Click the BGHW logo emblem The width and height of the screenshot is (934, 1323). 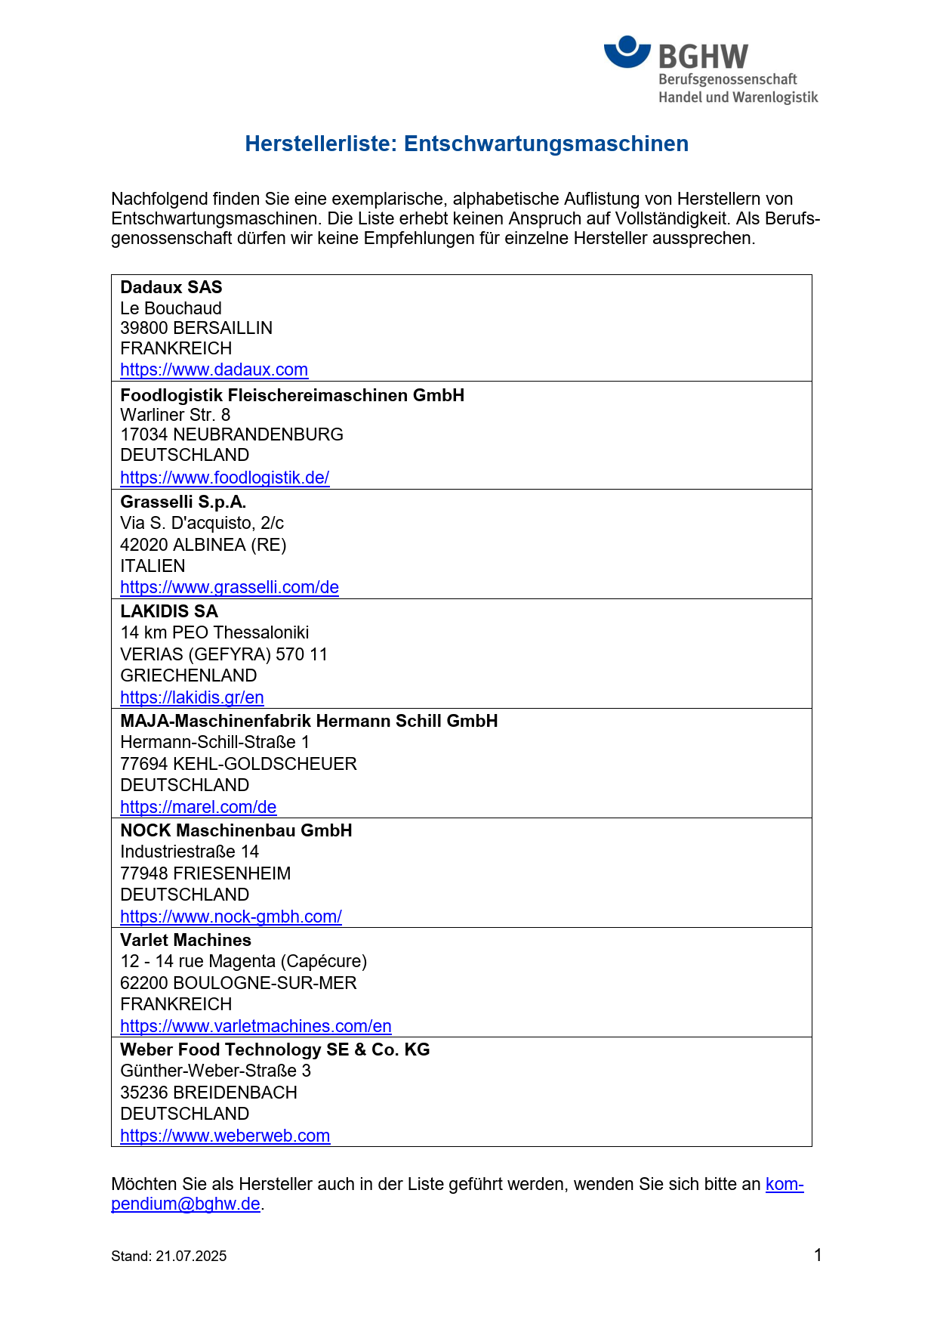coord(627,52)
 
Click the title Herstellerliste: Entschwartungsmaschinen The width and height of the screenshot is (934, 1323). coord(467,144)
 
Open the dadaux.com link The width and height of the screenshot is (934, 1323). coord(214,369)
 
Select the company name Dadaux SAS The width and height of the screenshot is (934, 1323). coord(171,287)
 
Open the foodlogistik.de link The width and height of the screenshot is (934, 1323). coord(224,478)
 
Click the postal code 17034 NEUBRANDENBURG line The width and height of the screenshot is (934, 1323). coord(231,434)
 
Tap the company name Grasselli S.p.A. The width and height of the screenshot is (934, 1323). coord(183,502)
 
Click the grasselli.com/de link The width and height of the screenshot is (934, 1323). coord(229,587)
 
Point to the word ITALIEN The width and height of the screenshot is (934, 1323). coord(153,566)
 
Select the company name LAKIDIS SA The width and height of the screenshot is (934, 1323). coord(169,611)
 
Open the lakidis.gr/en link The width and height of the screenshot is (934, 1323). coord(192,697)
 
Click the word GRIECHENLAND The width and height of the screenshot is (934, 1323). coord(188,675)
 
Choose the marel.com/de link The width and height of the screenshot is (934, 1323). coord(198,807)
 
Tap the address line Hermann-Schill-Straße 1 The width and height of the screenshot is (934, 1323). coord(214,742)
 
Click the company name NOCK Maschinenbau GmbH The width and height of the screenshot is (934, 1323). coord(236,830)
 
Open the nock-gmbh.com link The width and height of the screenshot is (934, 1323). coord(230,917)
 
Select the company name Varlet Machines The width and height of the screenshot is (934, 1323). coord(186,940)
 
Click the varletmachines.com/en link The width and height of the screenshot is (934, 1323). coord(255,1026)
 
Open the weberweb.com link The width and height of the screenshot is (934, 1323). coord(225,1136)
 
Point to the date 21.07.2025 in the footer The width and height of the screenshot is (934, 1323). coord(191,1256)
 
